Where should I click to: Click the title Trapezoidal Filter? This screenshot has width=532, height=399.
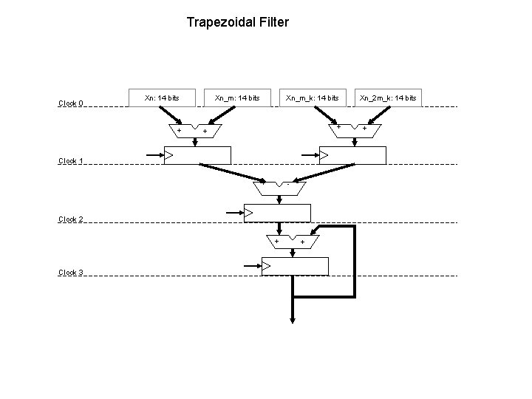(x=237, y=22)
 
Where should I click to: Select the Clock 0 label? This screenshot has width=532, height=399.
(x=71, y=103)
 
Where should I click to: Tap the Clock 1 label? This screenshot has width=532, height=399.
(x=71, y=161)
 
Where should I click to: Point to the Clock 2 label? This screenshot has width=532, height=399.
(x=71, y=219)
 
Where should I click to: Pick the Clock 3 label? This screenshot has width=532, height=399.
(x=71, y=273)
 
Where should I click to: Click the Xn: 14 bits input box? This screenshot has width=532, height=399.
(x=161, y=98)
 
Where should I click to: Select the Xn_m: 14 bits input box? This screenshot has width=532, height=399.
(x=236, y=98)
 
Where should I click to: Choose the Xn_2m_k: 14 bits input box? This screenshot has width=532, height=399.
(x=387, y=98)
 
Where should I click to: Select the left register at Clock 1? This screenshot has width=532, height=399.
(x=197, y=155)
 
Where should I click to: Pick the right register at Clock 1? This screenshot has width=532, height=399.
(x=352, y=155)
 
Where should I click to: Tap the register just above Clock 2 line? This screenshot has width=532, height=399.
(x=277, y=213)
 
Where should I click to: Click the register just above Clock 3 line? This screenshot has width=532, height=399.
(x=295, y=266)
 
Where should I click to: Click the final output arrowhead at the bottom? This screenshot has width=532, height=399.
(x=293, y=319)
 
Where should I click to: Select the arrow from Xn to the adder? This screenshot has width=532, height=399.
(x=171, y=115)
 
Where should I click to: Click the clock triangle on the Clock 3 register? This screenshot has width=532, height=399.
(x=267, y=266)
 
